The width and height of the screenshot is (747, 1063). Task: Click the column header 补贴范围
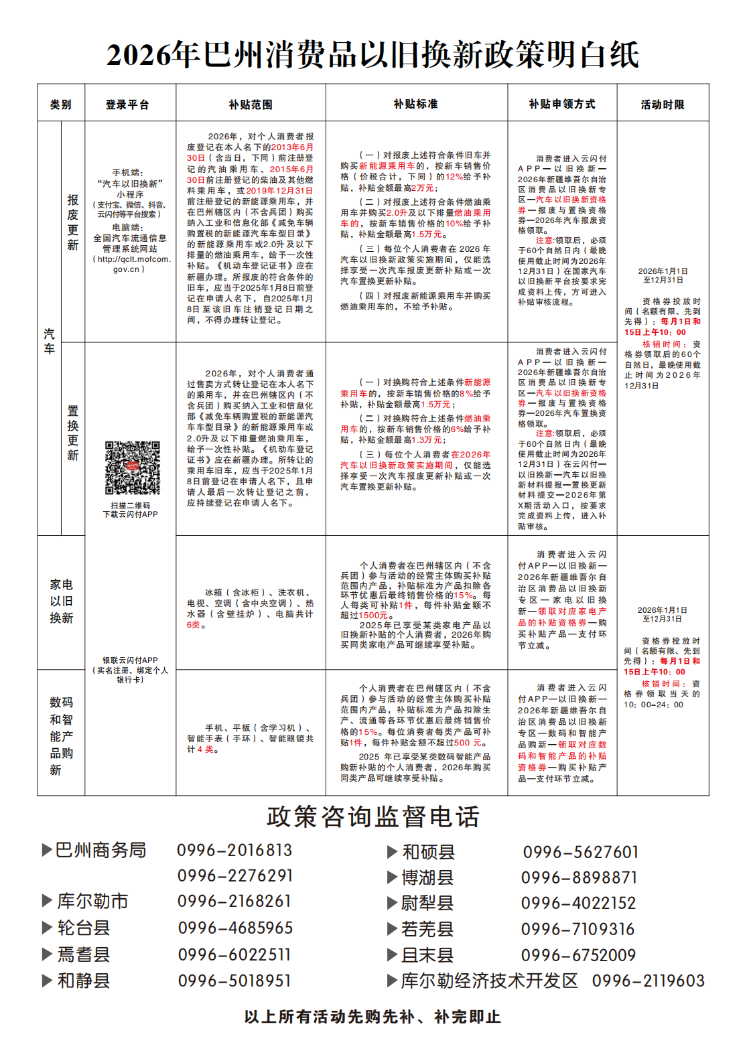coord(251,104)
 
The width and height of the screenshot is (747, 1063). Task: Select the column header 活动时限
coord(662,104)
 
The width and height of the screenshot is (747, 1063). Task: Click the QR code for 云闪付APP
coord(132,468)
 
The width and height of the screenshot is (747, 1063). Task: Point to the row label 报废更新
coord(73,222)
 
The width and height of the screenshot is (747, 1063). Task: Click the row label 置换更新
coord(73,433)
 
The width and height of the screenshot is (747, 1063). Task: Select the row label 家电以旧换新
coord(61,601)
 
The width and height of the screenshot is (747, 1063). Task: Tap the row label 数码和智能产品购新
coord(61,735)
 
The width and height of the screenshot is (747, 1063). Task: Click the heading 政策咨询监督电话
coord(373,817)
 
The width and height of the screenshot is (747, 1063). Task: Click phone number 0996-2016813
coord(234,851)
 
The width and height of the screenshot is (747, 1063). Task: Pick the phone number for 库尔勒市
coord(234,902)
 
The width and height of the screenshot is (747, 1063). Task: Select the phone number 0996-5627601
coord(581,852)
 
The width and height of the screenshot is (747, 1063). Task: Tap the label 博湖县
coord(427,877)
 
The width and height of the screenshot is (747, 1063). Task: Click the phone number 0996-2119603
coord(648,981)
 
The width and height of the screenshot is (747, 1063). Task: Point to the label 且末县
coord(427,955)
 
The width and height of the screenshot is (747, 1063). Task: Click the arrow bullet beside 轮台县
coord(47,928)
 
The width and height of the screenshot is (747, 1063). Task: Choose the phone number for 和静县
coord(234,981)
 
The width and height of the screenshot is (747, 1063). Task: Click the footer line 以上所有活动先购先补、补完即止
coord(372,1017)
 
